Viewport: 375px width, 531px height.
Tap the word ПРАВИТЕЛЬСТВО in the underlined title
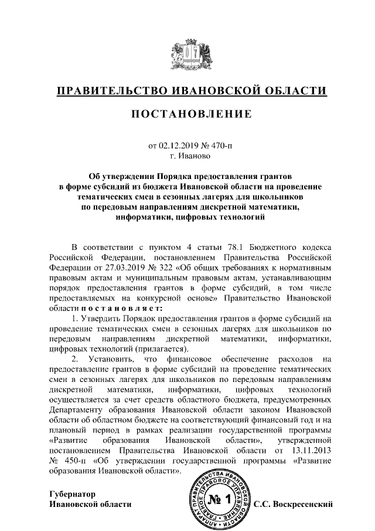[109, 91]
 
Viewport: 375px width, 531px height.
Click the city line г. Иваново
[187, 157]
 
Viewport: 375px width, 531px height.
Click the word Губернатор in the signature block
[72, 493]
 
